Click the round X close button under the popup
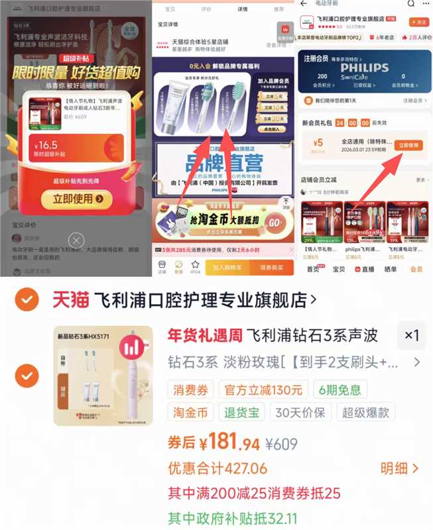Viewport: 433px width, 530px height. [77, 240]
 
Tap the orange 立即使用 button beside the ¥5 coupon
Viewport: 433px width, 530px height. [407, 145]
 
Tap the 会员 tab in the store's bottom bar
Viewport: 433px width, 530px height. [416, 269]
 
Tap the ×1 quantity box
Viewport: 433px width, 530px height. [412, 336]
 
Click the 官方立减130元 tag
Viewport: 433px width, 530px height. [264, 389]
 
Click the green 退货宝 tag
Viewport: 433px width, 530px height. [241, 412]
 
